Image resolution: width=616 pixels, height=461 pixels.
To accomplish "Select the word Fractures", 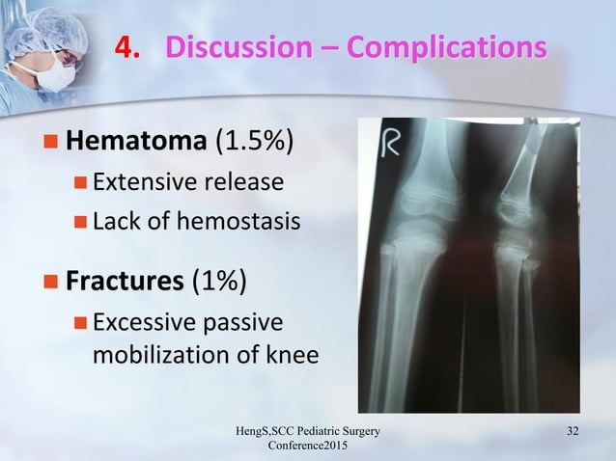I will pos(125,282).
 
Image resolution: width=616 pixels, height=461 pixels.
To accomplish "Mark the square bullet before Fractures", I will pos(50,283).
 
